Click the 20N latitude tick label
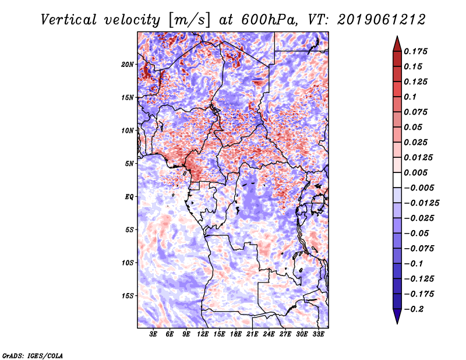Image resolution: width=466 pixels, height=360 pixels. (128, 64)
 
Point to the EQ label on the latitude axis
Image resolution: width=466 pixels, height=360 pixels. (129, 197)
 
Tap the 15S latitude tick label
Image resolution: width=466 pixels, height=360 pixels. (128, 296)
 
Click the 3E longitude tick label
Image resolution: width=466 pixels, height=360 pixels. (154, 334)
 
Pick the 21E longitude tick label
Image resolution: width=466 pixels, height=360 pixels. (253, 334)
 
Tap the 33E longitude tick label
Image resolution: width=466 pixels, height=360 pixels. (319, 334)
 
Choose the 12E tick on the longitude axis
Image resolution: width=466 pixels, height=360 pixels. (203, 334)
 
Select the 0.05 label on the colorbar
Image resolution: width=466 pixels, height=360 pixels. (414, 127)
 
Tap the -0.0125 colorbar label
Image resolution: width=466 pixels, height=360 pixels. (423, 203)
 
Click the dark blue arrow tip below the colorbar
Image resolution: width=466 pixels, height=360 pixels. (396, 322)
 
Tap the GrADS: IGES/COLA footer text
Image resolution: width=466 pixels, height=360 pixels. (32, 355)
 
